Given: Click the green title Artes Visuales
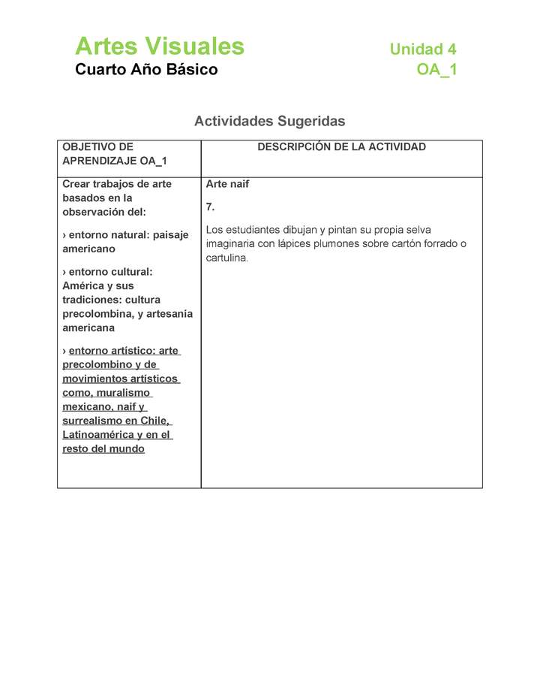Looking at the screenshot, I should (x=159, y=47).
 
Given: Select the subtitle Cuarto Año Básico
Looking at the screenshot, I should (x=146, y=70).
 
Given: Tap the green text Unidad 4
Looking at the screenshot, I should (x=422, y=50).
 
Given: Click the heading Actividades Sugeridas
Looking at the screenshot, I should (x=269, y=121).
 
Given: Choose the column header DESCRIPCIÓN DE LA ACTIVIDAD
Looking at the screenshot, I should (x=341, y=147).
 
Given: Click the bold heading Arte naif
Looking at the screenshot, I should (x=227, y=184).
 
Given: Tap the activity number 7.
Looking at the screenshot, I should (x=210, y=207).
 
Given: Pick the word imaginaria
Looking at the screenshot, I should (x=230, y=244).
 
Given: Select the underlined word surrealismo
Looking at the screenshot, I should (x=93, y=421).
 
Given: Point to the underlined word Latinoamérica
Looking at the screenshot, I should (x=97, y=435).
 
